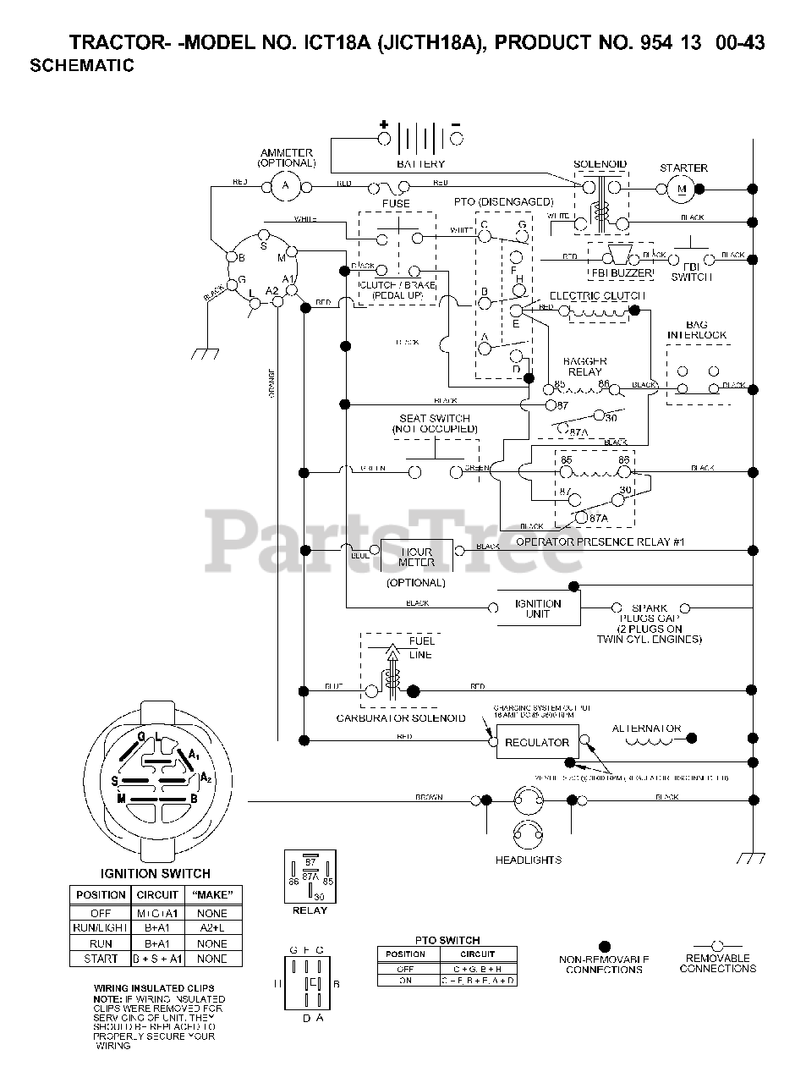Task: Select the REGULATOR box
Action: [x=537, y=742]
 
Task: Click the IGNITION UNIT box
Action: [x=538, y=608]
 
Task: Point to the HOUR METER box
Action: [x=416, y=557]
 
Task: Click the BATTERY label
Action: [x=420, y=163]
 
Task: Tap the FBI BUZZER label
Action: [x=621, y=273]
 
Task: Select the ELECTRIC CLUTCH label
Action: [x=597, y=296]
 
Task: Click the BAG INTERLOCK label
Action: [x=697, y=330]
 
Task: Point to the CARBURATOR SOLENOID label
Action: [x=401, y=718]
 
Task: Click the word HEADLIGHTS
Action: [x=528, y=860]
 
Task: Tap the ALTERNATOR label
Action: [x=646, y=728]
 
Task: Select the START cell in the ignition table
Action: [x=101, y=959]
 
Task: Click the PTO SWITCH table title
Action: [x=447, y=940]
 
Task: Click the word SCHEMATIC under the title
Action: [x=82, y=65]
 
